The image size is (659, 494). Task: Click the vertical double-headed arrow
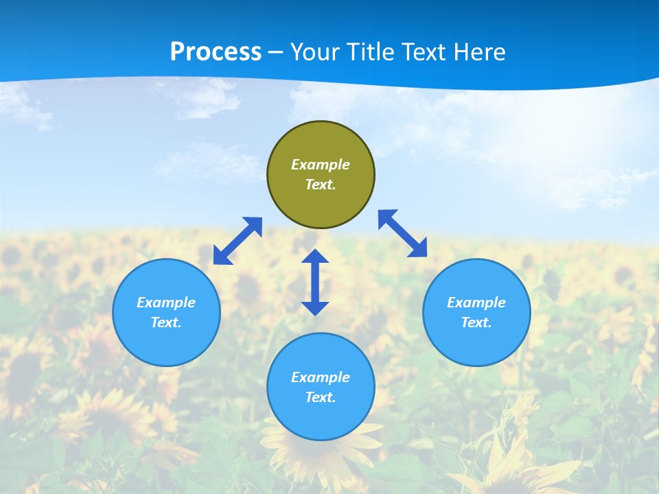coord(315,283)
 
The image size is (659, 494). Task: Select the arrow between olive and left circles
coord(238,241)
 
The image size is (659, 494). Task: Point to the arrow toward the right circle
coord(403,233)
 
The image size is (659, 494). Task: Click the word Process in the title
coord(216,52)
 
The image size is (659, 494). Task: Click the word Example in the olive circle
coord(321,165)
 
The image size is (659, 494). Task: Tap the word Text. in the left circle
coord(166,322)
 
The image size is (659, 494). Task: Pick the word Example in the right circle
coord(476,303)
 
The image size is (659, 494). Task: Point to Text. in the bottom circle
coord(321,397)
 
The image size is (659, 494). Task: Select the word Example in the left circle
coord(166,303)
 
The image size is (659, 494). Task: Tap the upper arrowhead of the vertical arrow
coord(315,257)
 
